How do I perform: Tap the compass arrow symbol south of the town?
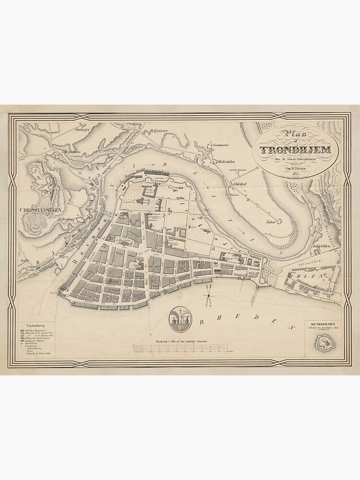click(x=208, y=294)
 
